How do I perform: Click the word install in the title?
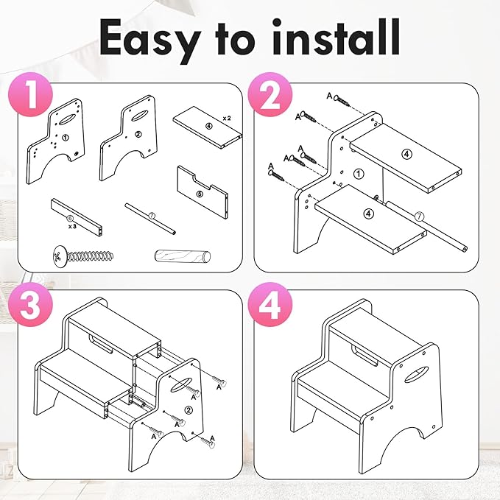[x=336, y=37]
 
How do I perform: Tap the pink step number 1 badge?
[x=31, y=94]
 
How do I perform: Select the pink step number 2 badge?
[x=270, y=94]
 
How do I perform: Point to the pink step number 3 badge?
[x=31, y=304]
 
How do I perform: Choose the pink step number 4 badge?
[x=270, y=304]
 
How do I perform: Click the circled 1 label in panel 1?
[x=66, y=138]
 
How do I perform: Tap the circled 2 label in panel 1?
[x=138, y=134]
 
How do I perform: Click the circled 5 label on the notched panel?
[x=200, y=194]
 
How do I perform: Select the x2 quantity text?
[x=226, y=119]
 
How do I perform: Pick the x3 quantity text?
[x=72, y=226]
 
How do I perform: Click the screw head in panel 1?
[x=60, y=256]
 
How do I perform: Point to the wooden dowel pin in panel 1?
[x=183, y=256]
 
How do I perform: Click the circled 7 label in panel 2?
[x=419, y=216]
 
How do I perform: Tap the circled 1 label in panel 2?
[x=359, y=174]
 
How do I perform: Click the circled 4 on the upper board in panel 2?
[x=406, y=155]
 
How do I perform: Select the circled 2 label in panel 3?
[x=189, y=410]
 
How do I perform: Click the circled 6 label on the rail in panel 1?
[x=71, y=219]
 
